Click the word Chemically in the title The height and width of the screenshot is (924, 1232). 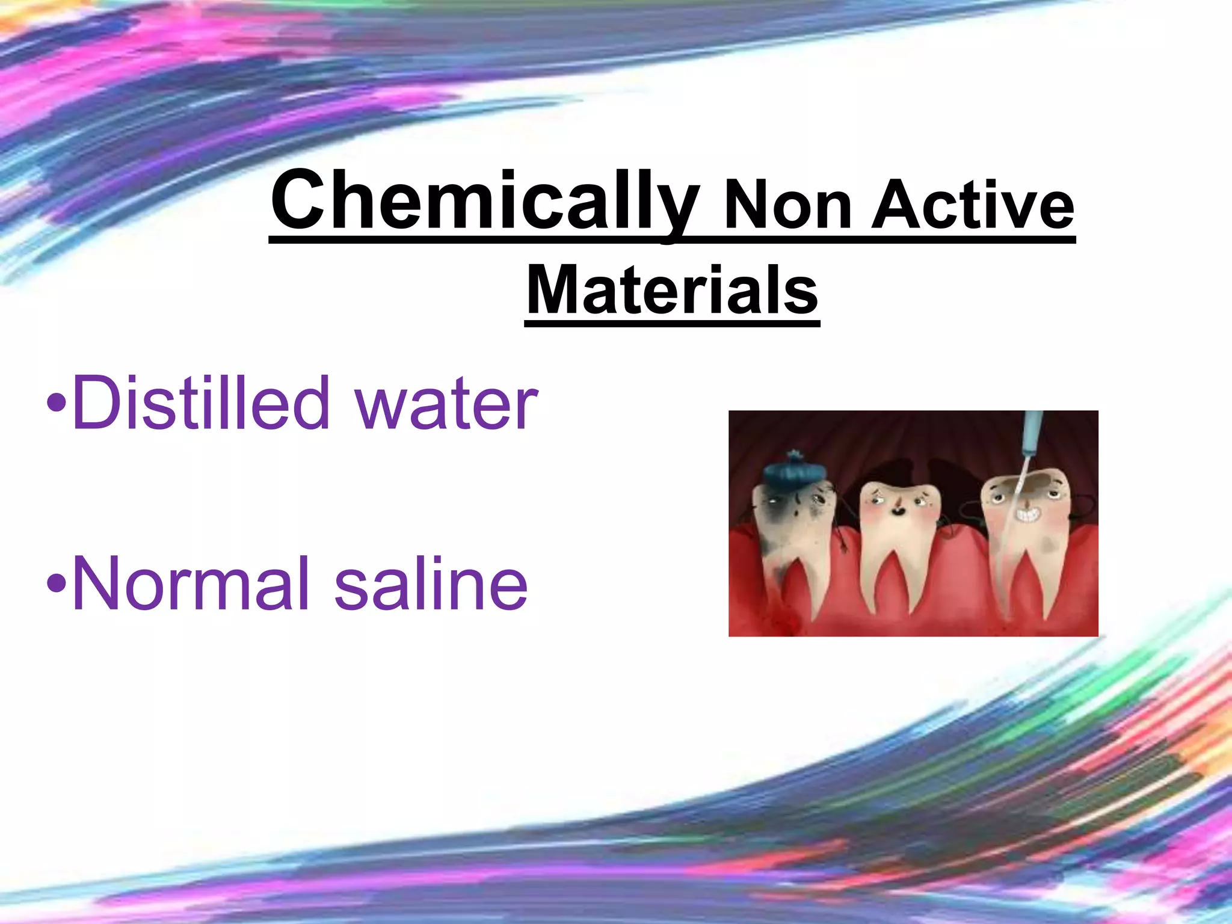tap(485, 202)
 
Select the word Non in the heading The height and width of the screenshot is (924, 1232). tap(788, 208)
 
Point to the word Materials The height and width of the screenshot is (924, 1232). tap(672, 291)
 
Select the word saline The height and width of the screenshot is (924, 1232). tap(431, 584)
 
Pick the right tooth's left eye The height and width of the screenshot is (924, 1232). tap(998, 497)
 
